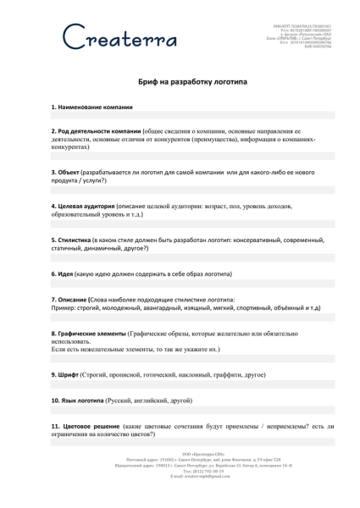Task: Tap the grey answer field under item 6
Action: [x=179, y=284]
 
